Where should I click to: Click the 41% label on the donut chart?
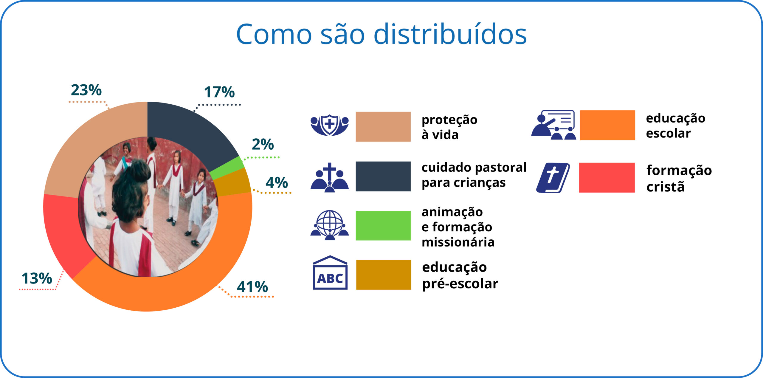point(252,287)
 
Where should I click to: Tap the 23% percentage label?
point(86,90)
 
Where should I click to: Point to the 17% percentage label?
point(219,92)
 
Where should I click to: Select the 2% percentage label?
point(263,144)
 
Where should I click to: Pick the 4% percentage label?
point(277,182)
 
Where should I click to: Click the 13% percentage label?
point(37,278)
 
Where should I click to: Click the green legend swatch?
point(383,226)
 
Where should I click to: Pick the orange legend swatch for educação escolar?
point(607,125)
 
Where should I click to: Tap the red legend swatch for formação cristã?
point(607,178)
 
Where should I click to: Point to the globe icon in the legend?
point(330,225)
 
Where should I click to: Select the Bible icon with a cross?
point(553,178)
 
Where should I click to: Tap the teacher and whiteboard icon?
point(553,125)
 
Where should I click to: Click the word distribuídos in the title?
point(450,34)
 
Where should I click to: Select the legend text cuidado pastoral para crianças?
point(474,175)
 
